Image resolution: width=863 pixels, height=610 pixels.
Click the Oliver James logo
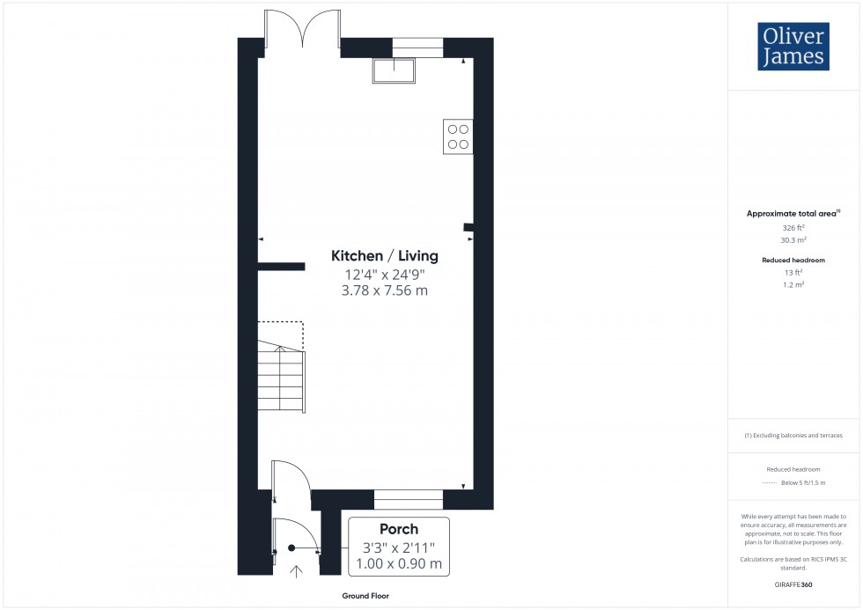[x=793, y=47]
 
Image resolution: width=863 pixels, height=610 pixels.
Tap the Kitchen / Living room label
[x=384, y=256]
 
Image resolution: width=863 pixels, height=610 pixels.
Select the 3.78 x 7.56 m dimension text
[x=384, y=290]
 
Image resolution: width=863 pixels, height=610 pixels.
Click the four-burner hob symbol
[x=458, y=136]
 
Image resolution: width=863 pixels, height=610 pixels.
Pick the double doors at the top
[x=303, y=29]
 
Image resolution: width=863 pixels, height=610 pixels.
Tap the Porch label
[x=398, y=529]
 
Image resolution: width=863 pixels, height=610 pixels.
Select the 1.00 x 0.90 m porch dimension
[x=398, y=564]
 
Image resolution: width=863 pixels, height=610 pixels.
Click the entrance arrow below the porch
[x=296, y=570]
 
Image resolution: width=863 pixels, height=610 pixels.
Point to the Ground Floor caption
[x=366, y=596]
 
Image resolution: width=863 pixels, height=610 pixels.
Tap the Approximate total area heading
[x=793, y=213]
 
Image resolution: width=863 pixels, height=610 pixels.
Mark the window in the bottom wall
[x=409, y=500]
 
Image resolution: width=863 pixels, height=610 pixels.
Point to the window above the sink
[x=417, y=48]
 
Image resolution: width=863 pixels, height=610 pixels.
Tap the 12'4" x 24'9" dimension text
[x=384, y=274]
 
